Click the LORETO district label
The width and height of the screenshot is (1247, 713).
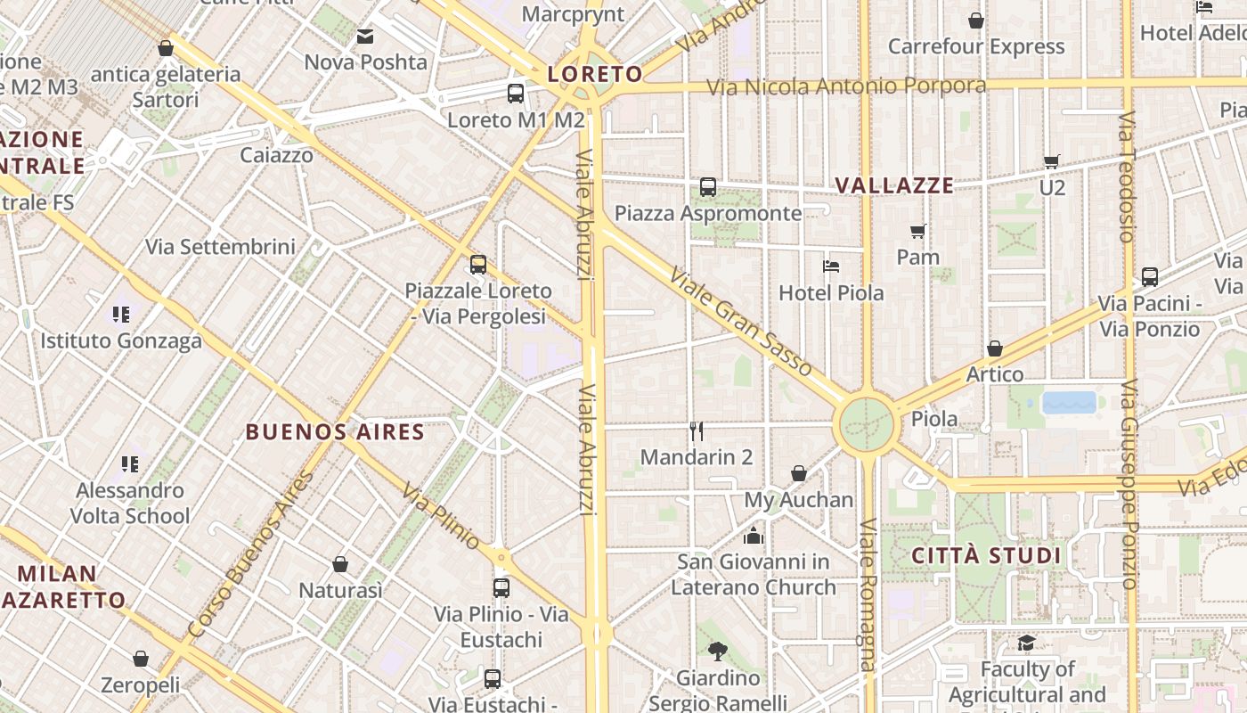(x=595, y=74)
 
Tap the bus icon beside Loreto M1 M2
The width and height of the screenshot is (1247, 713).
(x=516, y=93)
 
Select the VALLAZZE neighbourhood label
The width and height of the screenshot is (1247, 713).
(x=894, y=185)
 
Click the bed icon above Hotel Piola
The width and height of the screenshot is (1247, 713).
(x=831, y=266)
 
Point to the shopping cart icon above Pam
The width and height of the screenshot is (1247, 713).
(x=918, y=231)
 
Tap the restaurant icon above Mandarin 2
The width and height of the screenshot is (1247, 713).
(x=697, y=431)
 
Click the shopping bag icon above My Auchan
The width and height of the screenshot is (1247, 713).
(x=799, y=473)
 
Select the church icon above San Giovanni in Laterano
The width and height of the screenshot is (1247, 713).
(x=754, y=536)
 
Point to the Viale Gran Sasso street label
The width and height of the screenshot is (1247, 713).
(x=741, y=322)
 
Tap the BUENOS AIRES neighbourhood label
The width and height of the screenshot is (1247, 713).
(x=335, y=432)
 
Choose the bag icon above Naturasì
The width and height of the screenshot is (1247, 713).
(x=340, y=564)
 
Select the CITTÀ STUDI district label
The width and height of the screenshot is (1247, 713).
(x=986, y=556)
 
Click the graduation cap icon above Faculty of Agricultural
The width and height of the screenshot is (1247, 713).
(x=1026, y=643)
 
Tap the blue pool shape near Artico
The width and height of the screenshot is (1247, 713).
(x=1069, y=403)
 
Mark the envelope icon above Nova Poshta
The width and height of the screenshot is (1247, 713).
(x=365, y=37)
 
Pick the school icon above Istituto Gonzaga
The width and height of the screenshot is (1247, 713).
(x=121, y=314)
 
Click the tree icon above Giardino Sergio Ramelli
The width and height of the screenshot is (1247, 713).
(x=718, y=652)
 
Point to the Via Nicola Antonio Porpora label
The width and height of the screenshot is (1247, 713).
(x=846, y=86)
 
